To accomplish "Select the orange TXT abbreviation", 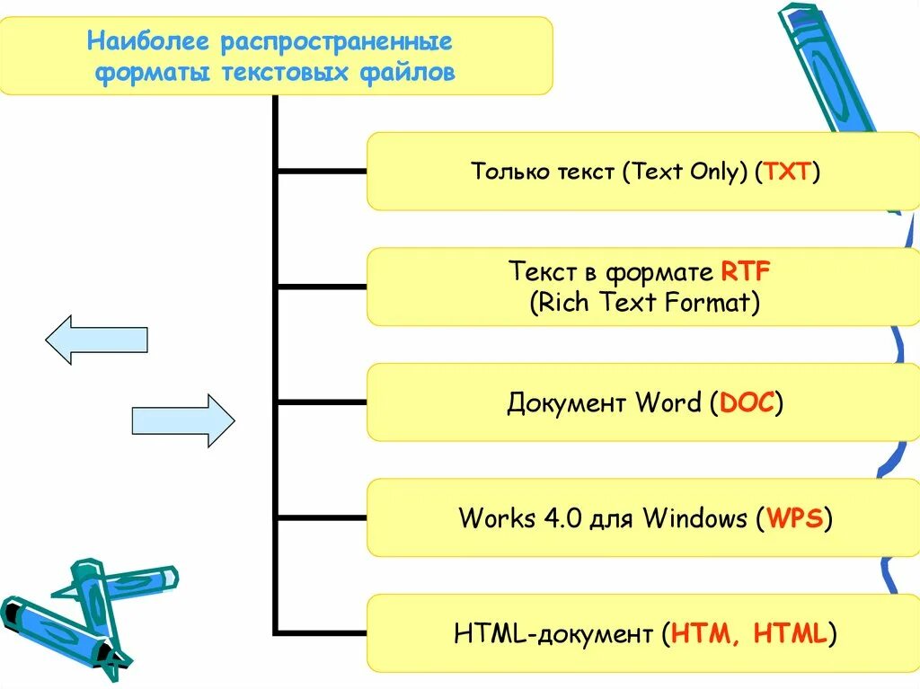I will pyautogui.click(x=788, y=172).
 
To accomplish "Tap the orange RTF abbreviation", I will pyautogui.click(x=746, y=271).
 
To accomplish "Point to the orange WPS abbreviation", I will pyautogui.click(x=795, y=518).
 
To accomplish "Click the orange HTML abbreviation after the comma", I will pyautogui.click(x=790, y=634).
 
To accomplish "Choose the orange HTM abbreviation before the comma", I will pyautogui.click(x=702, y=634).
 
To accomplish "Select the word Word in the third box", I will pyautogui.click(x=668, y=402).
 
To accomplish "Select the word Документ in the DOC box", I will pyautogui.click(x=567, y=402).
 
